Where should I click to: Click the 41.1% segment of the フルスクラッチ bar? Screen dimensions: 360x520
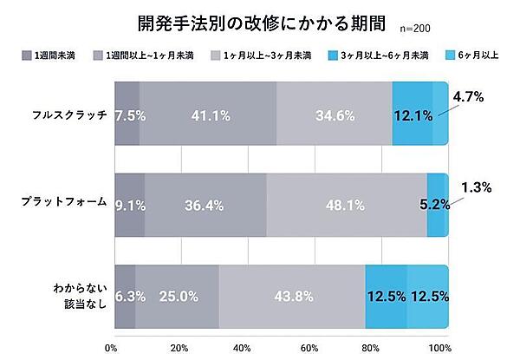click(207, 114)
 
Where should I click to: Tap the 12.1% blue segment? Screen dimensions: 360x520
click(412, 114)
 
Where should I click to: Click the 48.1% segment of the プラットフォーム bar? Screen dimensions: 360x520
click(346, 206)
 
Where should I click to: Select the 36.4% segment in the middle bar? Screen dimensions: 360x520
click(205, 206)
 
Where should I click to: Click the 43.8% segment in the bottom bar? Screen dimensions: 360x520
click(292, 297)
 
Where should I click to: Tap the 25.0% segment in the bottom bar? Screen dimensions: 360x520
click(177, 297)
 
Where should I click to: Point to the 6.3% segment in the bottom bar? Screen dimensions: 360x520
click(126, 297)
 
